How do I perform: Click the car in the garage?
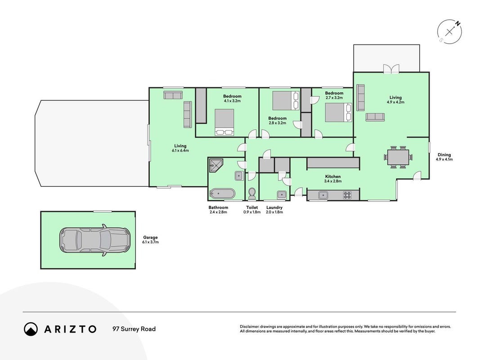click(94, 240)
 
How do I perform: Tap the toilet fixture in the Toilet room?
click(252, 193)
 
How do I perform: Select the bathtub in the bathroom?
click(223, 194)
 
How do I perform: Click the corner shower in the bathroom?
click(215, 166)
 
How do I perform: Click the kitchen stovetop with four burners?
click(347, 195)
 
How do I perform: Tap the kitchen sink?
click(323, 195)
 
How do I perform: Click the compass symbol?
click(449, 32)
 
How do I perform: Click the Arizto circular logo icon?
click(31, 329)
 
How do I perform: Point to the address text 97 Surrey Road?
click(134, 329)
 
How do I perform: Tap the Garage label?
click(150, 238)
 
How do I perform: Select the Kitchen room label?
click(333, 177)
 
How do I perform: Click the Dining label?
click(444, 155)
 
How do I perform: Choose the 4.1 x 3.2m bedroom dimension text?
click(232, 101)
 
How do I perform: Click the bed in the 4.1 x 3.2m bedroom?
click(224, 122)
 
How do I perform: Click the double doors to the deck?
click(391, 69)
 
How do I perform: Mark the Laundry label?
click(274, 207)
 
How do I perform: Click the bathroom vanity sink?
click(239, 175)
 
